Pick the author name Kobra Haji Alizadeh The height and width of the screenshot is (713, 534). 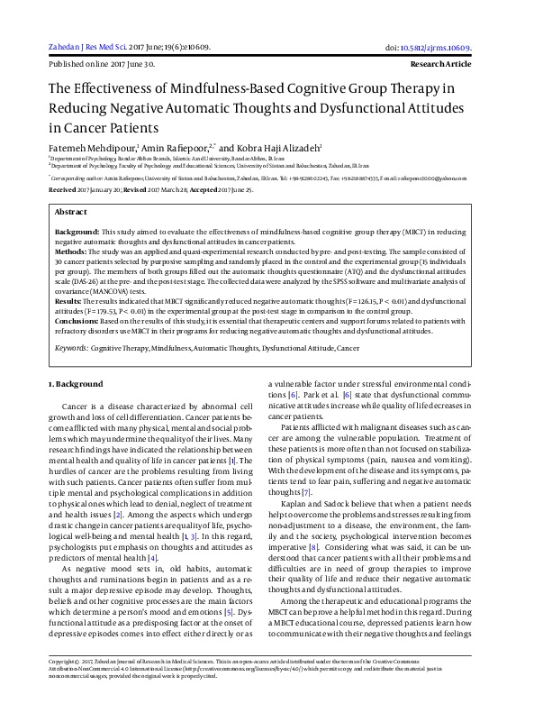click(x=272, y=147)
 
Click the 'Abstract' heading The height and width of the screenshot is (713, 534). click(x=71, y=211)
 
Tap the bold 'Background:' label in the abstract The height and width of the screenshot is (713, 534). click(x=77, y=233)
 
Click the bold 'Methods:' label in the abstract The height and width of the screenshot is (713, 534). click(x=72, y=251)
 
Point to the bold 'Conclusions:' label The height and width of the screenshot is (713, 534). click(x=77, y=320)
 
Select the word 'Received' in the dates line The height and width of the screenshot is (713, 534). click(x=62, y=191)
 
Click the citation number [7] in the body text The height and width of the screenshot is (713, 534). click(x=307, y=492)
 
